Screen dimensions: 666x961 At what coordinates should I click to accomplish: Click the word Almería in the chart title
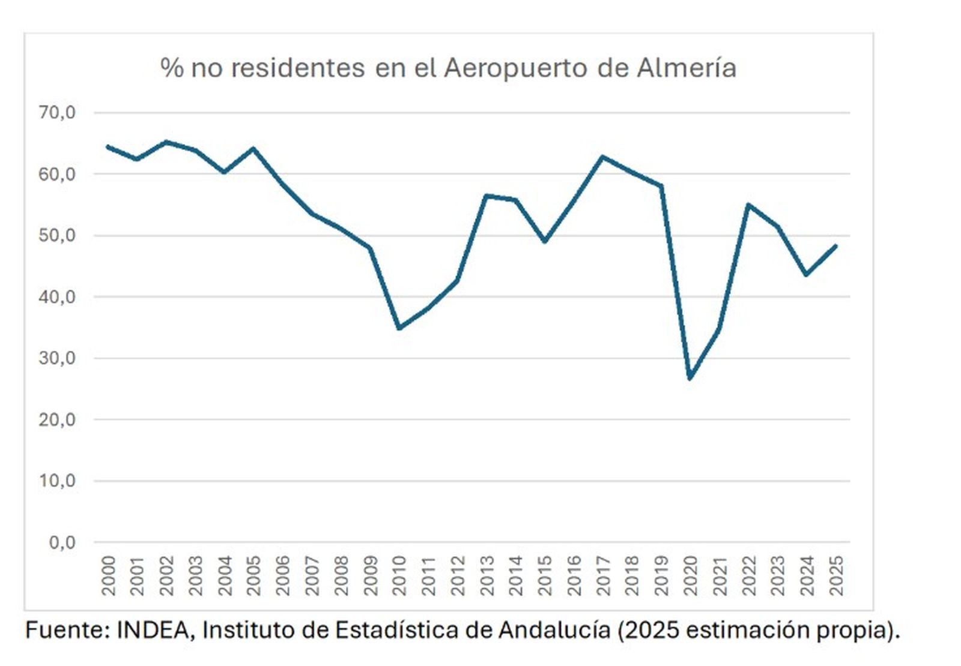pyautogui.click(x=686, y=68)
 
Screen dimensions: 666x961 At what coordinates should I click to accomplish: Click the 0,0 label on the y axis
pyautogui.click(x=61, y=542)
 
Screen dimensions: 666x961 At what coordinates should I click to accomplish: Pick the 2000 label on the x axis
pyautogui.click(x=109, y=576)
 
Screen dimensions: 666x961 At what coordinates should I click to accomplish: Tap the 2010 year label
pyautogui.click(x=399, y=576)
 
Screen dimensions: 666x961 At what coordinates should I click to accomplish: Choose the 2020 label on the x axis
pyautogui.click(x=691, y=576)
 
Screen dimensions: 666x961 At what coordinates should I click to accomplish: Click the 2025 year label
pyautogui.click(x=836, y=576)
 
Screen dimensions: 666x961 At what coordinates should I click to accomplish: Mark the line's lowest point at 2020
pyautogui.click(x=690, y=378)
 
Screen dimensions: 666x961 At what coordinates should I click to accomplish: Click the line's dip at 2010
pyautogui.click(x=399, y=328)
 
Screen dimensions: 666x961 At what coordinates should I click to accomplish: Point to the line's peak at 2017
pyautogui.click(x=602, y=157)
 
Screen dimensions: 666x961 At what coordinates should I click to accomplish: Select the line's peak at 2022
pyautogui.click(x=748, y=205)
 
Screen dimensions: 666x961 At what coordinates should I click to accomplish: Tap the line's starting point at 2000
pyautogui.click(x=108, y=146)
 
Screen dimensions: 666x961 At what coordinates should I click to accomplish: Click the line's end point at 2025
pyautogui.click(x=835, y=246)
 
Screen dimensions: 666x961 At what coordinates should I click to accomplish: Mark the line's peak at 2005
pyautogui.click(x=253, y=148)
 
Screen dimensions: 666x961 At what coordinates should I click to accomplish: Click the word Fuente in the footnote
pyautogui.click(x=67, y=630)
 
